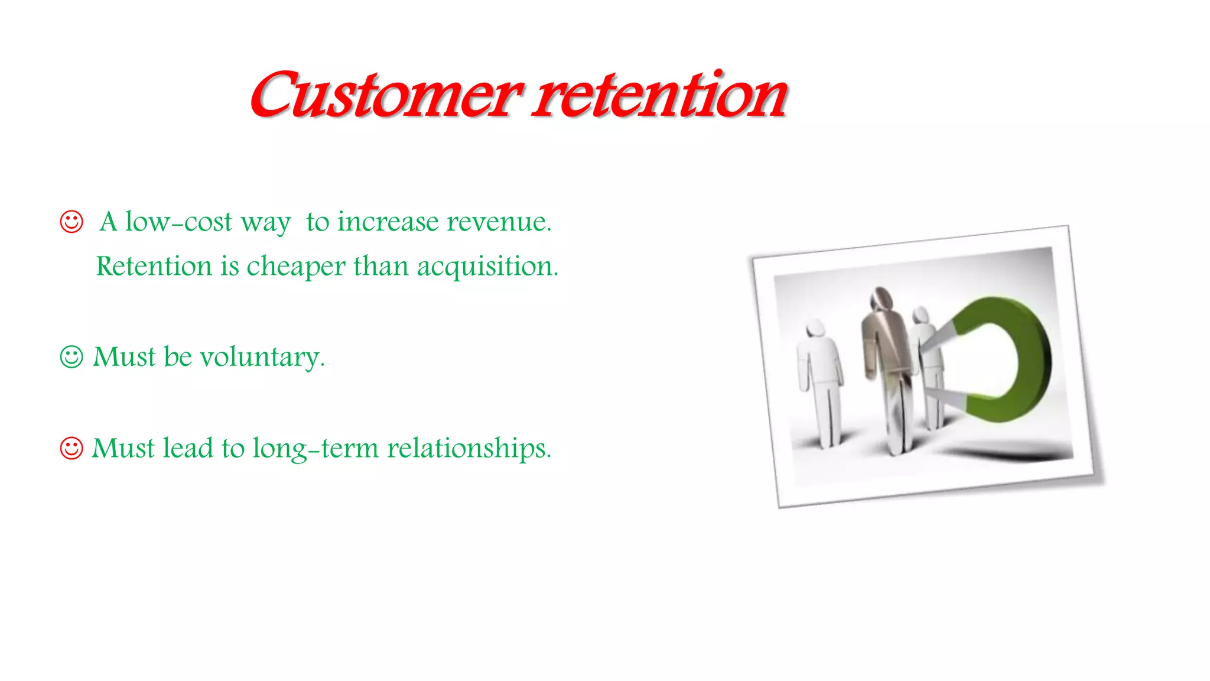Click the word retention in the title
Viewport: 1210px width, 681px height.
[x=659, y=95]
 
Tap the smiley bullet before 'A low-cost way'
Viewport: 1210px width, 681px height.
[x=71, y=222]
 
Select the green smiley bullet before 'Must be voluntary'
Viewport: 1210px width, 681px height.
[x=71, y=356]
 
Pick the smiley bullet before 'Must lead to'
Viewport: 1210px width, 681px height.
[x=71, y=448]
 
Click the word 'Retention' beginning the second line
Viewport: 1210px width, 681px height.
[x=154, y=267]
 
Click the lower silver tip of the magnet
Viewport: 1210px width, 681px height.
[x=945, y=398]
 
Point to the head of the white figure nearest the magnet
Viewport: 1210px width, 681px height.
[x=920, y=315]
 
